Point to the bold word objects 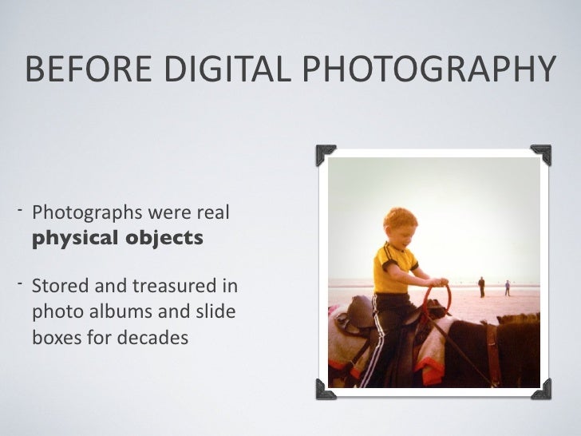click(x=163, y=239)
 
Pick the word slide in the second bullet click(x=216, y=311)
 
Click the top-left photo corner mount click(x=326, y=154)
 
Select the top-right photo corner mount click(x=540, y=154)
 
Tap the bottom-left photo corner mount click(x=326, y=389)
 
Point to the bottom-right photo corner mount click(x=540, y=389)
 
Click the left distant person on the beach click(x=481, y=286)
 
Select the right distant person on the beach click(x=507, y=287)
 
